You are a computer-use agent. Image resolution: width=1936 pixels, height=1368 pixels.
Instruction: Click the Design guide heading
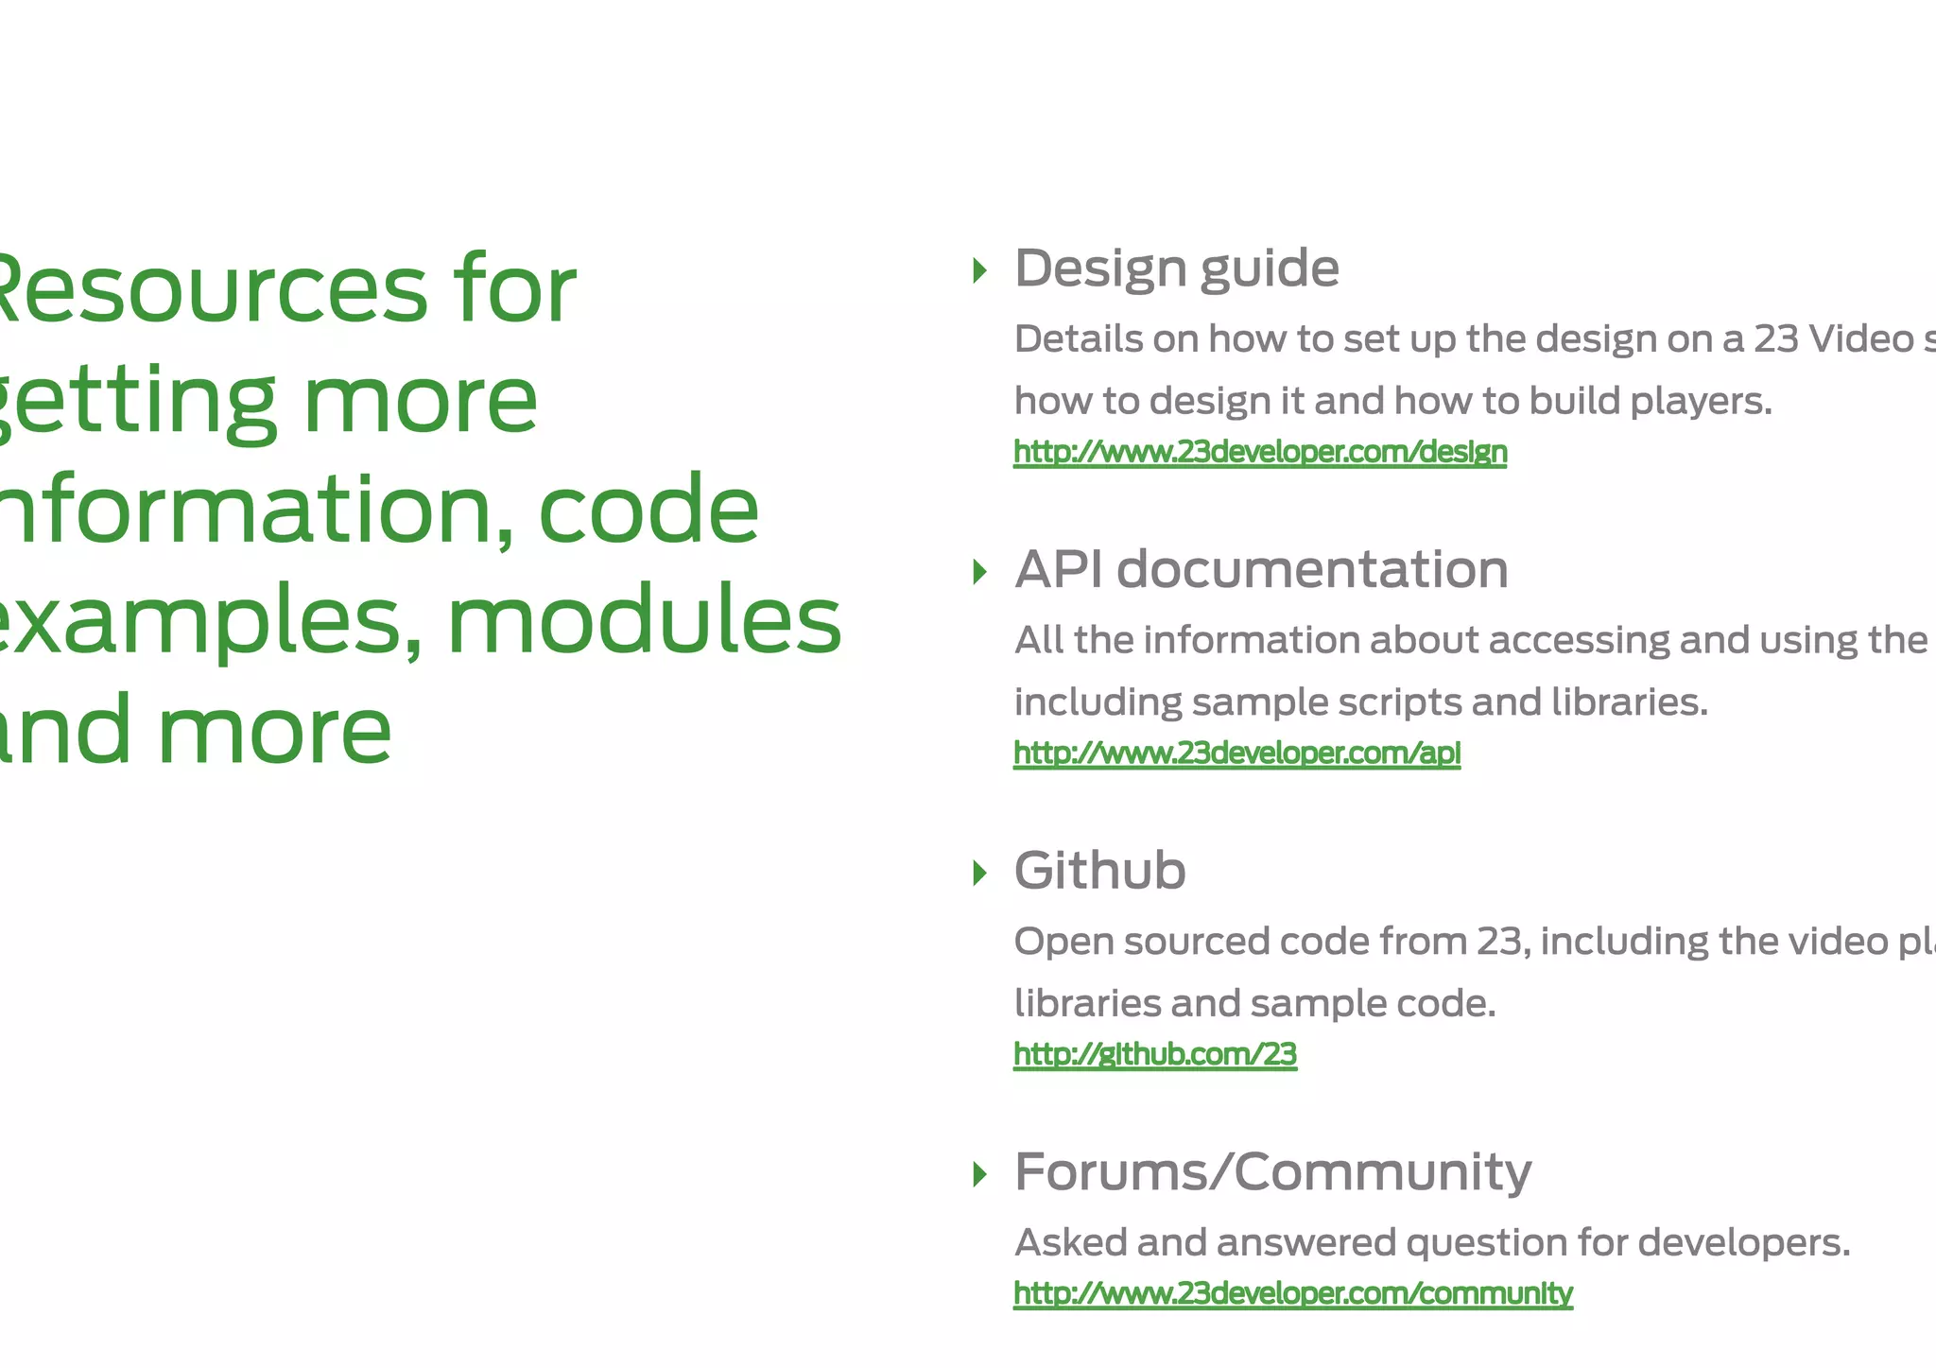pos(1176,268)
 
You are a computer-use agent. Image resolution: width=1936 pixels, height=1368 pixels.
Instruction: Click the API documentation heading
pos(1261,569)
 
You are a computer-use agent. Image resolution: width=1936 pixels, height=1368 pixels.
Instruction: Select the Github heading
pos(1099,870)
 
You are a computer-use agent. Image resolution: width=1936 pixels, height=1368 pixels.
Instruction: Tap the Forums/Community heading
pos(1272,1172)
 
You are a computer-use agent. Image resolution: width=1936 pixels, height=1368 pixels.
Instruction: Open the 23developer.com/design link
pos(1260,452)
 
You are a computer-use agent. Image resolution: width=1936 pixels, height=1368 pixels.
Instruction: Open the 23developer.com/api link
pos(1236,753)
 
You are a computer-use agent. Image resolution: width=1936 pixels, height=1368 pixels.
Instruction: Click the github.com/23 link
pos(1154,1054)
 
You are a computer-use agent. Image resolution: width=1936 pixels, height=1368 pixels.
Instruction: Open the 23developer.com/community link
pos(1292,1292)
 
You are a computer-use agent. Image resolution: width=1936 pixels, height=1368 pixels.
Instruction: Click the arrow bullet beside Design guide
pos(979,271)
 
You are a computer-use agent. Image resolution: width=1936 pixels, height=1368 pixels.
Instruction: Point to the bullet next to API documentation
pos(979,572)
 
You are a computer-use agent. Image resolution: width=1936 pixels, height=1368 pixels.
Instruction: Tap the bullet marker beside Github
pos(979,873)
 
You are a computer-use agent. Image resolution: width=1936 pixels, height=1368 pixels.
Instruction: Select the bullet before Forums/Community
pos(979,1174)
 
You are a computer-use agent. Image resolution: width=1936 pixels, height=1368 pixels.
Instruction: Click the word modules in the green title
pos(643,620)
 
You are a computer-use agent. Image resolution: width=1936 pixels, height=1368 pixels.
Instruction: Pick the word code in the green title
pos(648,511)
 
